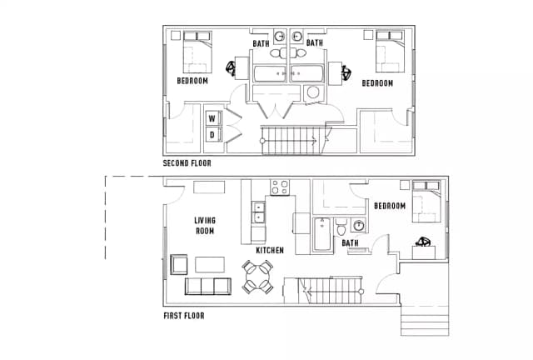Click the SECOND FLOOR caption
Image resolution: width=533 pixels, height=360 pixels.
(187, 163)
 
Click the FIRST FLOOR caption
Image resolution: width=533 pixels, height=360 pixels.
(184, 316)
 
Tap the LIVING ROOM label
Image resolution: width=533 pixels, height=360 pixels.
(205, 226)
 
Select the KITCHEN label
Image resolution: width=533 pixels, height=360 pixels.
(270, 251)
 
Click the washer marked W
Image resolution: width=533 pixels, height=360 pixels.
(213, 118)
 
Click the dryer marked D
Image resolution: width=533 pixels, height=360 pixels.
(213, 134)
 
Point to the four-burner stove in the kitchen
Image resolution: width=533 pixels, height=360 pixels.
(280, 187)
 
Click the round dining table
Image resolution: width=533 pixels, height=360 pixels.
(257, 277)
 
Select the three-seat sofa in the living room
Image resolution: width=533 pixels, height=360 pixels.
(208, 286)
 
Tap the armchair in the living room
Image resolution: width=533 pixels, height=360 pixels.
(178, 264)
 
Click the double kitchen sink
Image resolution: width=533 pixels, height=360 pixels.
(258, 212)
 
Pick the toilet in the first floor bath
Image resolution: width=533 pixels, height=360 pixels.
(341, 227)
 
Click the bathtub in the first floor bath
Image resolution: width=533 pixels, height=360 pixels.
(322, 234)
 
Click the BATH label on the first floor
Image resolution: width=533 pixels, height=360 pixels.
(350, 243)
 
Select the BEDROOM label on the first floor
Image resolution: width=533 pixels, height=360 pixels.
(390, 206)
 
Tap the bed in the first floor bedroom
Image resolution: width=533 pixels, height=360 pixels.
(426, 202)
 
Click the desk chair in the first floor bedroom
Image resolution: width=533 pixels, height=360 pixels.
(423, 242)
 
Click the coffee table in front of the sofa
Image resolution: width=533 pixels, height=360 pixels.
(210, 265)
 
